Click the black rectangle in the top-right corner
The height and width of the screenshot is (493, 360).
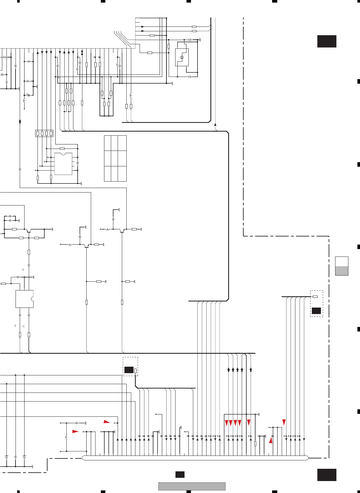click(327, 41)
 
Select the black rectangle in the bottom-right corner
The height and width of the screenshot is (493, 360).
click(327, 475)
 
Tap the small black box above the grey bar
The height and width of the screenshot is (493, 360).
click(180, 474)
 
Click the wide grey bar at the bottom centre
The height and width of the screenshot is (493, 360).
click(192, 486)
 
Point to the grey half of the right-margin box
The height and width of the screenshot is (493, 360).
click(342, 271)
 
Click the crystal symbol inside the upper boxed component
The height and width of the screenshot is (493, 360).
click(182, 57)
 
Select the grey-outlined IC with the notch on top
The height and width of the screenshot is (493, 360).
click(63, 164)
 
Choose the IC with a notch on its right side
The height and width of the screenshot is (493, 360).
click(25, 299)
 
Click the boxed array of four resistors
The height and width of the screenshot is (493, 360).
click(44, 133)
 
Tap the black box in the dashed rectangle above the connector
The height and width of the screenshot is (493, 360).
click(129, 370)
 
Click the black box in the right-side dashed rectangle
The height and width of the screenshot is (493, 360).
click(316, 311)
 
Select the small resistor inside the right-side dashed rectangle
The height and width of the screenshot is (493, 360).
click(315, 297)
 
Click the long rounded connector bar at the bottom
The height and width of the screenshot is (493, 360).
click(195, 457)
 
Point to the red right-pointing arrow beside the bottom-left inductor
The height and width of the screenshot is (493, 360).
click(75, 431)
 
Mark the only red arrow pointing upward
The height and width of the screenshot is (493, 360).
click(271, 440)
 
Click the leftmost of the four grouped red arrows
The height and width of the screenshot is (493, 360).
click(227, 423)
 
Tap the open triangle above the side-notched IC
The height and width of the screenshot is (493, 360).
click(23, 269)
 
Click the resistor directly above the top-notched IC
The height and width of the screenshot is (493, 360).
click(62, 148)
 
